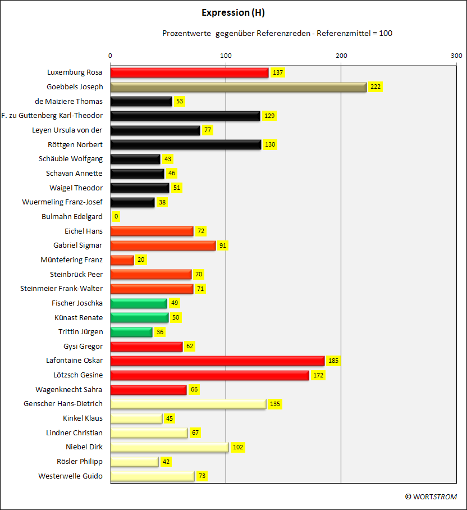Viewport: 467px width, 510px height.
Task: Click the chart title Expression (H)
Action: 233,13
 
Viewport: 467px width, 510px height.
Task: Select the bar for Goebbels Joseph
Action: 239,87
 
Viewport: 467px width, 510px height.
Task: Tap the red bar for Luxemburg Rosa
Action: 190,72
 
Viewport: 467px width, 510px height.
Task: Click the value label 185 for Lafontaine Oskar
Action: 333,361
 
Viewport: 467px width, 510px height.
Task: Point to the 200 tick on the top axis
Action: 341,56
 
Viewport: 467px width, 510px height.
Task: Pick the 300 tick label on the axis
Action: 456,56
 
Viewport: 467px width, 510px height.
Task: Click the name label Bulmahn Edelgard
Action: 72,217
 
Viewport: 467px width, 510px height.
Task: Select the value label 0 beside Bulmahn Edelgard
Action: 116,216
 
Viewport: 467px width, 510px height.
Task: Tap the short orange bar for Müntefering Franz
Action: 122,260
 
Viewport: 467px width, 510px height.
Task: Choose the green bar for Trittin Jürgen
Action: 131,332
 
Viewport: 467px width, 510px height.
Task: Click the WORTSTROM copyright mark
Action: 431,497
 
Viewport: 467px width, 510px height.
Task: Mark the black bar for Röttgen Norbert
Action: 186,145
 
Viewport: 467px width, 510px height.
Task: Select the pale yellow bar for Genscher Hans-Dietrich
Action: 189,404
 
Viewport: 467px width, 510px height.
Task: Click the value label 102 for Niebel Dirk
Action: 238,447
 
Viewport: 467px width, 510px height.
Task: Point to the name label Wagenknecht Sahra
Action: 68,390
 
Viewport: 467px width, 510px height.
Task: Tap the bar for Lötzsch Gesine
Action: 209,375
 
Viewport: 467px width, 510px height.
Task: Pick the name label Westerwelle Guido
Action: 70,476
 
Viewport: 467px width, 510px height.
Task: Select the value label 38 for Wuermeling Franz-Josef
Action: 162,202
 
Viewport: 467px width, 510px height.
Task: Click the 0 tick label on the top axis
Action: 110,56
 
